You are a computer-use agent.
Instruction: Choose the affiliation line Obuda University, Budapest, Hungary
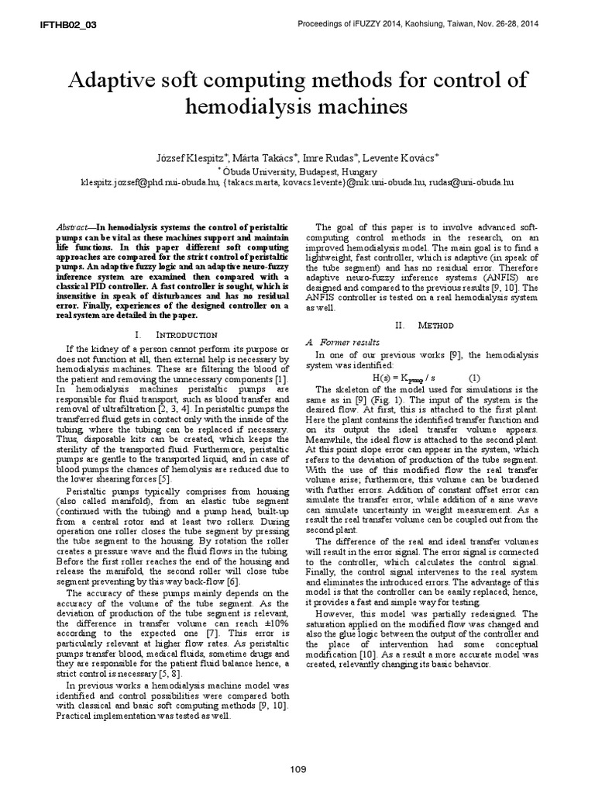tap(299, 171)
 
